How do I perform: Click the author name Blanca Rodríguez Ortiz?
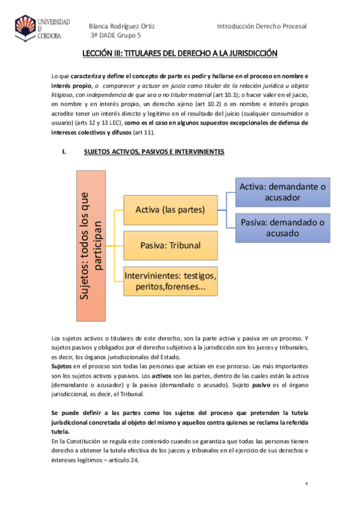(x=121, y=26)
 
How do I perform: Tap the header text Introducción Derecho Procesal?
(x=261, y=26)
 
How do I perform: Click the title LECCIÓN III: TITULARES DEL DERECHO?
(x=180, y=54)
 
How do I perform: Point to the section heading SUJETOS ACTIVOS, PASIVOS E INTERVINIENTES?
(x=153, y=152)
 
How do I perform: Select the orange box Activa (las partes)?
(x=171, y=210)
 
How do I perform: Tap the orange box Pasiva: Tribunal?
(x=171, y=245)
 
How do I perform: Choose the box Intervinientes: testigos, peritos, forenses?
(x=171, y=281)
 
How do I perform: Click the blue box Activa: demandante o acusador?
(x=282, y=192)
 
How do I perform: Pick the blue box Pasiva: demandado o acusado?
(x=282, y=227)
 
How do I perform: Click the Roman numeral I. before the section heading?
(x=64, y=152)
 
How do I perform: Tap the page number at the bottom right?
(x=306, y=484)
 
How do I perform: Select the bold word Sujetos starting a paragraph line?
(x=63, y=366)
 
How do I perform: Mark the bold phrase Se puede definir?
(x=78, y=413)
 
